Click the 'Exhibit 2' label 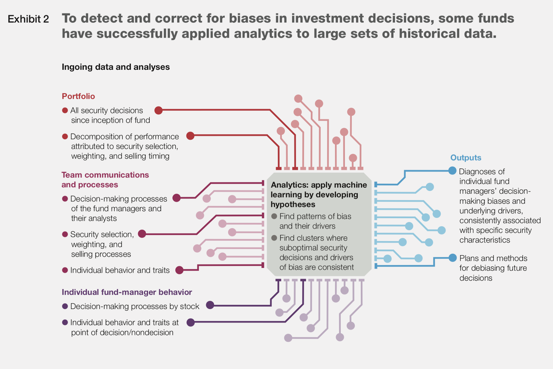(28, 19)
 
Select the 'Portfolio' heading (78, 96)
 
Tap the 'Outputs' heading (466, 158)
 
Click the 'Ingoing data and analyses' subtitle (115, 67)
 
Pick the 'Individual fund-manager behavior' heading (126, 292)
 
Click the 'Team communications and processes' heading (105, 180)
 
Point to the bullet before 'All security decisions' (65, 110)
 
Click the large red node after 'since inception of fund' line (158, 110)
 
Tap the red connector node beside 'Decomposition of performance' (190, 136)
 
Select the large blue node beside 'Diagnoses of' (452, 171)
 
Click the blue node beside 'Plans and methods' (452, 258)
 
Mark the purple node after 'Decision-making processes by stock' (210, 305)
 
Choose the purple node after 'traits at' (190, 322)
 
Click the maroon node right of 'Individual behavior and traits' (179, 270)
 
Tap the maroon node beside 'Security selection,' (142, 234)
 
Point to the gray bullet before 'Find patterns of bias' (274, 216)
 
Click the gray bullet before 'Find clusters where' (274, 238)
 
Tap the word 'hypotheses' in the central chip (293, 205)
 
